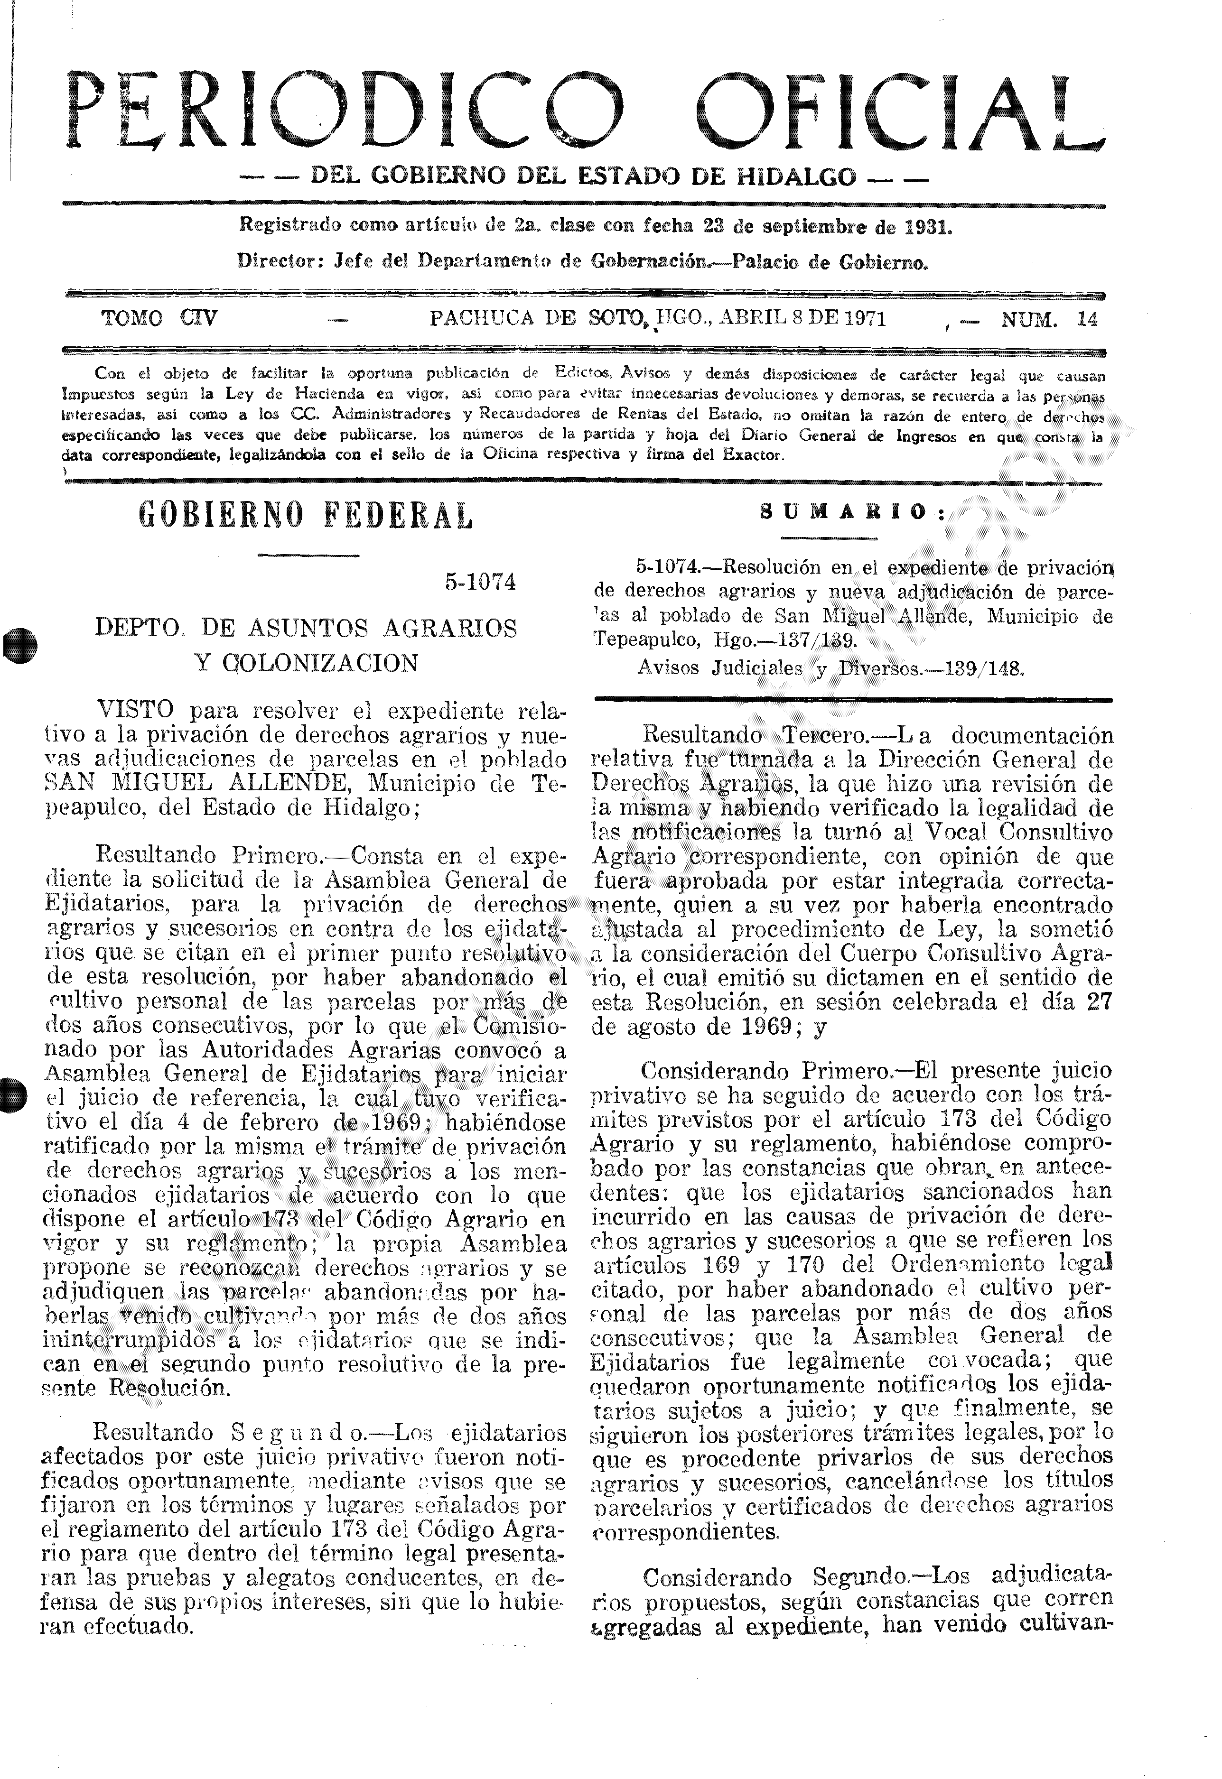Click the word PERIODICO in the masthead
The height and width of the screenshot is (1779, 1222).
[x=345, y=111]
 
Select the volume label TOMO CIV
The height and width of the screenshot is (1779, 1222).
[x=159, y=318]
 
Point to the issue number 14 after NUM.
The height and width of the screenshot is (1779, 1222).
[x=1087, y=320]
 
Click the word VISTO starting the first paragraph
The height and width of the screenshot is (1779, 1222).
[x=136, y=710]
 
